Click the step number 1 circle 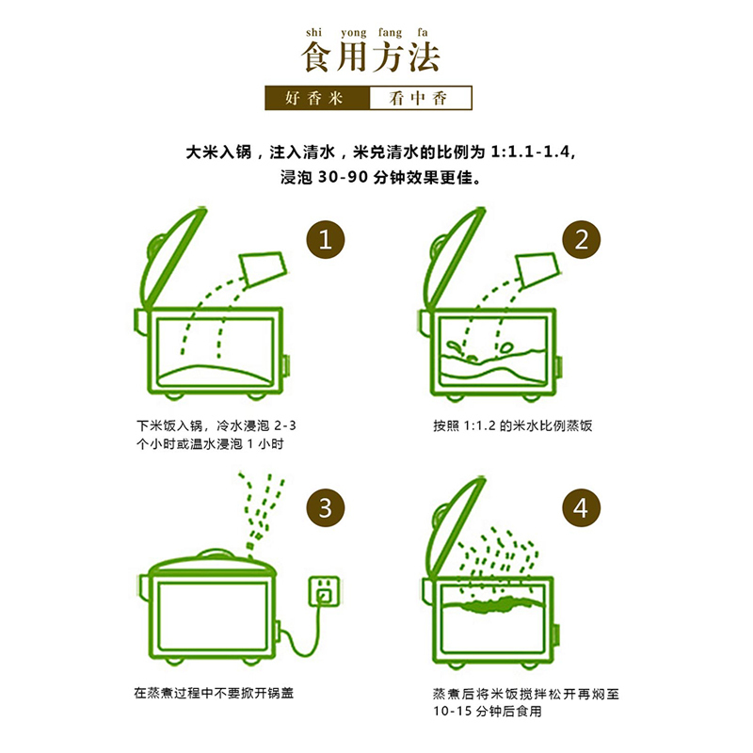[326, 239]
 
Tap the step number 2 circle [581, 239]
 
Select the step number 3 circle [326, 507]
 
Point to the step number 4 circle [581, 507]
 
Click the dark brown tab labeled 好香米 [317, 98]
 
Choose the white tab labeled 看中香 [421, 98]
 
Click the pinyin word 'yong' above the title [354, 33]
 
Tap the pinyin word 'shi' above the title [313, 32]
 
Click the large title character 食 [317, 57]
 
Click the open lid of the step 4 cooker [454, 528]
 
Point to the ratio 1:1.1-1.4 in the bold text [530, 152]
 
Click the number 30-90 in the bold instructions [343, 178]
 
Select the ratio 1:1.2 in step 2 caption [479, 426]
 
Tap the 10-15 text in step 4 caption [453, 712]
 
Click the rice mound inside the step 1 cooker [216, 375]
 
